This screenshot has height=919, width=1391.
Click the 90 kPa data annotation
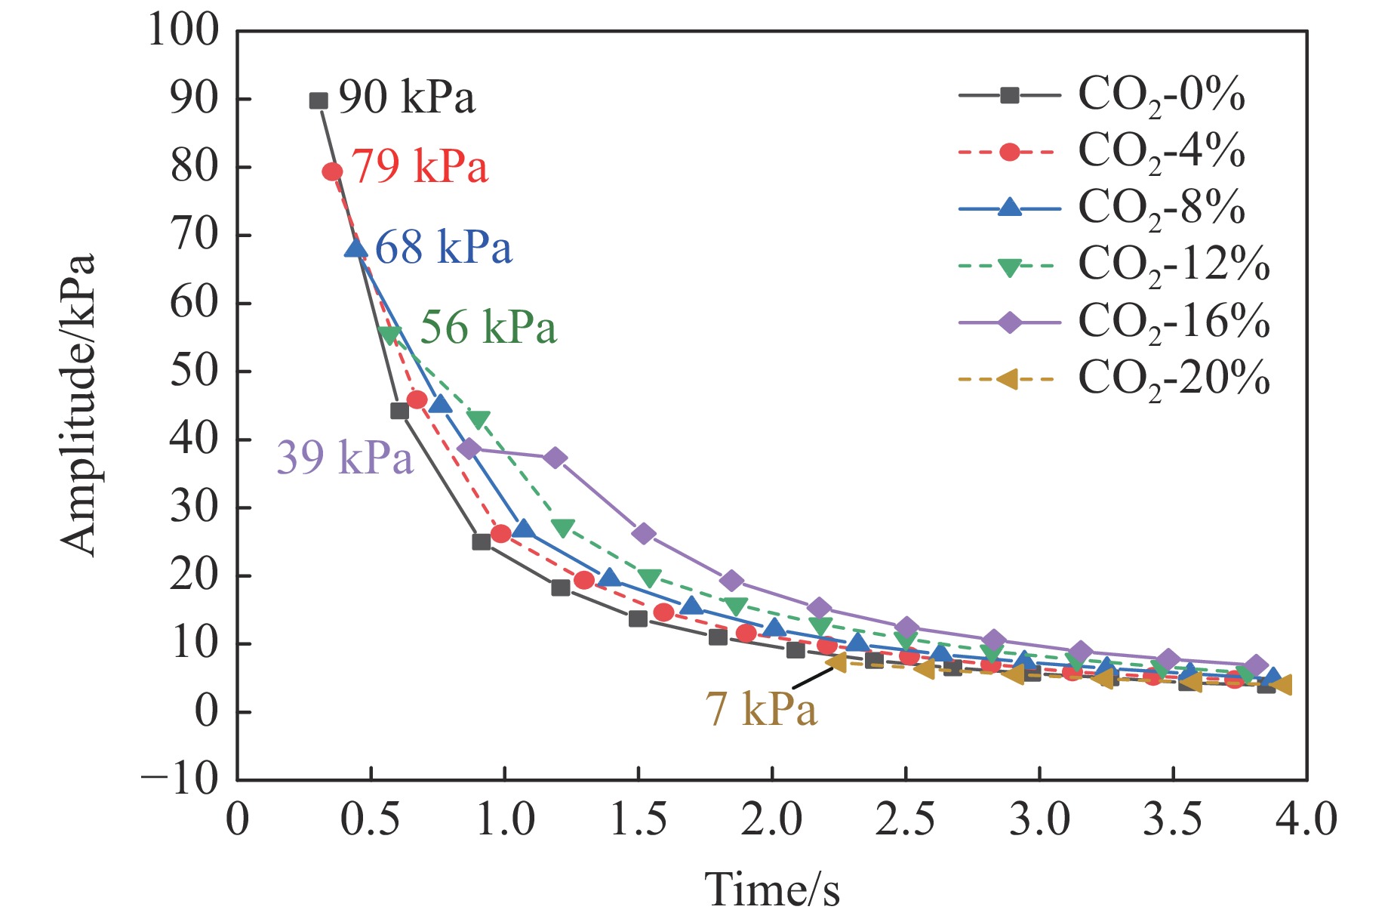(x=407, y=97)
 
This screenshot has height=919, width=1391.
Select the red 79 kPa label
(x=420, y=167)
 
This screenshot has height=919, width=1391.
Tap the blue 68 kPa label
(x=444, y=247)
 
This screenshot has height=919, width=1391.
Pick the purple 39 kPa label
(x=345, y=457)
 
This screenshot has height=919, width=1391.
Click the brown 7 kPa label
(x=761, y=709)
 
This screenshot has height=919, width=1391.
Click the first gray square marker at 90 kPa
(x=319, y=100)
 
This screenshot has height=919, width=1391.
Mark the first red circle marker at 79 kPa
(x=332, y=172)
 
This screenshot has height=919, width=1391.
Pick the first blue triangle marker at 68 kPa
(x=355, y=248)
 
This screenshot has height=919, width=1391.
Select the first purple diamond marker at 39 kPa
(x=469, y=449)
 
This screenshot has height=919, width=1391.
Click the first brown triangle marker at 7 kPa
(x=836, y=662)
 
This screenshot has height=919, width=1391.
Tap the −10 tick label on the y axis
(x=180, y=779)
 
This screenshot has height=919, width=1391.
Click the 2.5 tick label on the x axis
(x=905, y=820)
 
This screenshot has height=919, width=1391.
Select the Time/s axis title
(x=771, y=889)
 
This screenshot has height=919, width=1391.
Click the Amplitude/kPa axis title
(x=78, y=406)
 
